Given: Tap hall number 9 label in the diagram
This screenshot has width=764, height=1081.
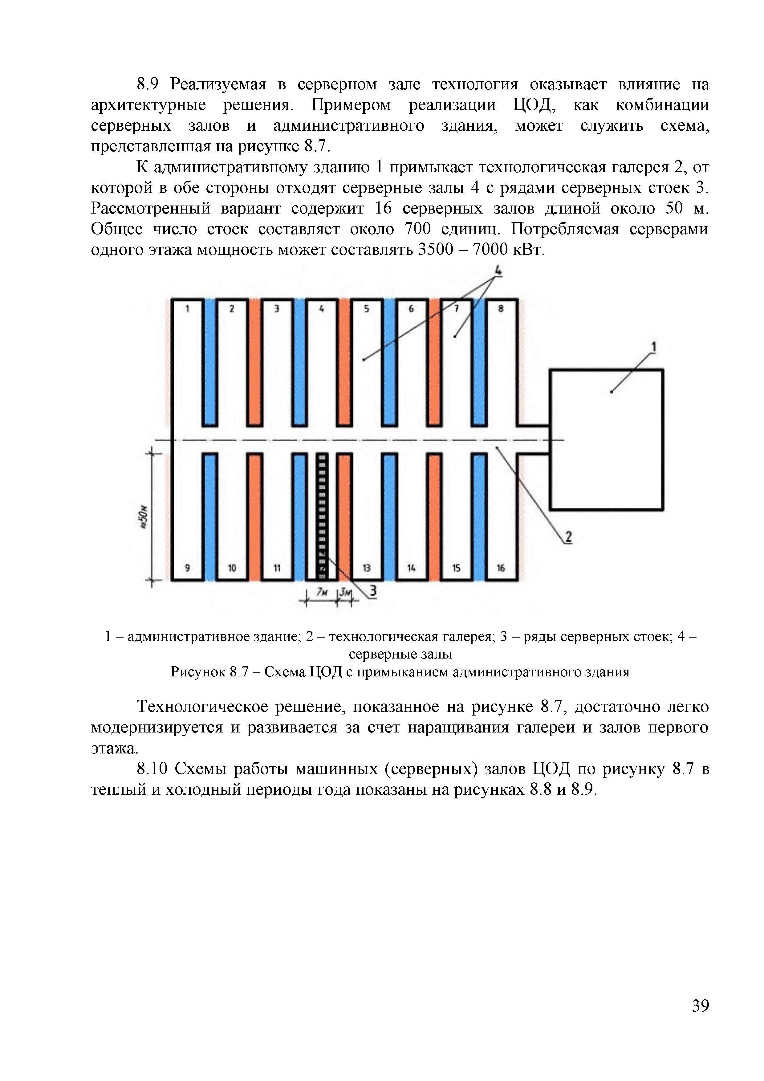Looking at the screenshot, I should [187, 568].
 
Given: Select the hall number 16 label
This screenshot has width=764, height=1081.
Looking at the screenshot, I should [501, 568].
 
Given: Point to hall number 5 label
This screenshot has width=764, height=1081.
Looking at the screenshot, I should [366, 309].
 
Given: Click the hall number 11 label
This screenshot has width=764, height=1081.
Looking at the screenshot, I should [277, 568].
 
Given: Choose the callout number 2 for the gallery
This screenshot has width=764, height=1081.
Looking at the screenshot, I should [568, 537].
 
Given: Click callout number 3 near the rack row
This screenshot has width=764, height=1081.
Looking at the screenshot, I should [373, 590].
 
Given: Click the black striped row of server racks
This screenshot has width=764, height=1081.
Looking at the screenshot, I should [322, 516].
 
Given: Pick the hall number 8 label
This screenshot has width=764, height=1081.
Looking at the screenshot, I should [501, 309].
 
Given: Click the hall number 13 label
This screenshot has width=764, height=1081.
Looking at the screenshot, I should [366, 568].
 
